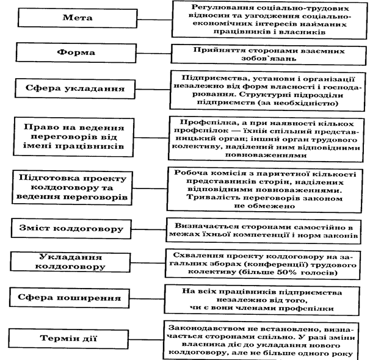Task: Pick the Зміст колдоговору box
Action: tap(78, 229)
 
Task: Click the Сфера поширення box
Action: tap(78, 298)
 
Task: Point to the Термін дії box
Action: tap(78, 337)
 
